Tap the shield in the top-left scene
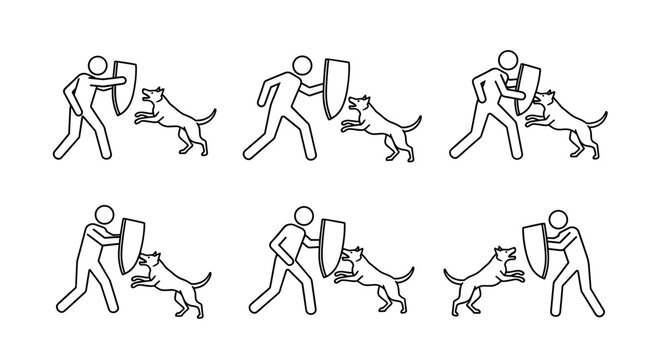[x=125, y=88]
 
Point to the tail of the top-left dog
[x=207, y=117]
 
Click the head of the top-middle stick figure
[x=299, y=63]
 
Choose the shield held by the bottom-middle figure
[x=327, y=245]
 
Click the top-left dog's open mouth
[x=149, y=98]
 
